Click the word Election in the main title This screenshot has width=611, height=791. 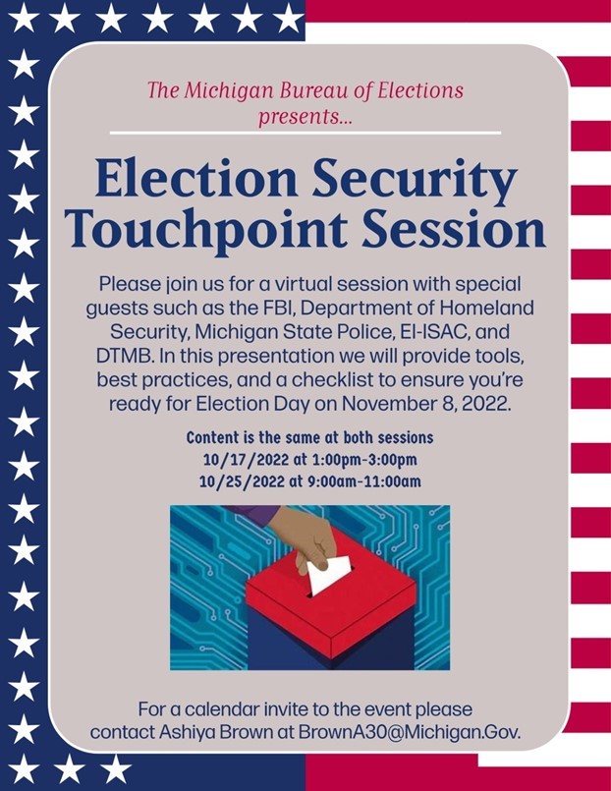coord(196,179)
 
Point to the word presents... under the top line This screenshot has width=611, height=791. coord(305,117)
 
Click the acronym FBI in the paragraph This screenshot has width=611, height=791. coord(272,308)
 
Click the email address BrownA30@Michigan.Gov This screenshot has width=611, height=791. coord(409,732)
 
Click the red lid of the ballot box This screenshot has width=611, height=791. coord(331,605)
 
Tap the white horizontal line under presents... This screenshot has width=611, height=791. coord(305,134)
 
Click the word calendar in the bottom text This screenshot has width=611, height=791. coord(220,709)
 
